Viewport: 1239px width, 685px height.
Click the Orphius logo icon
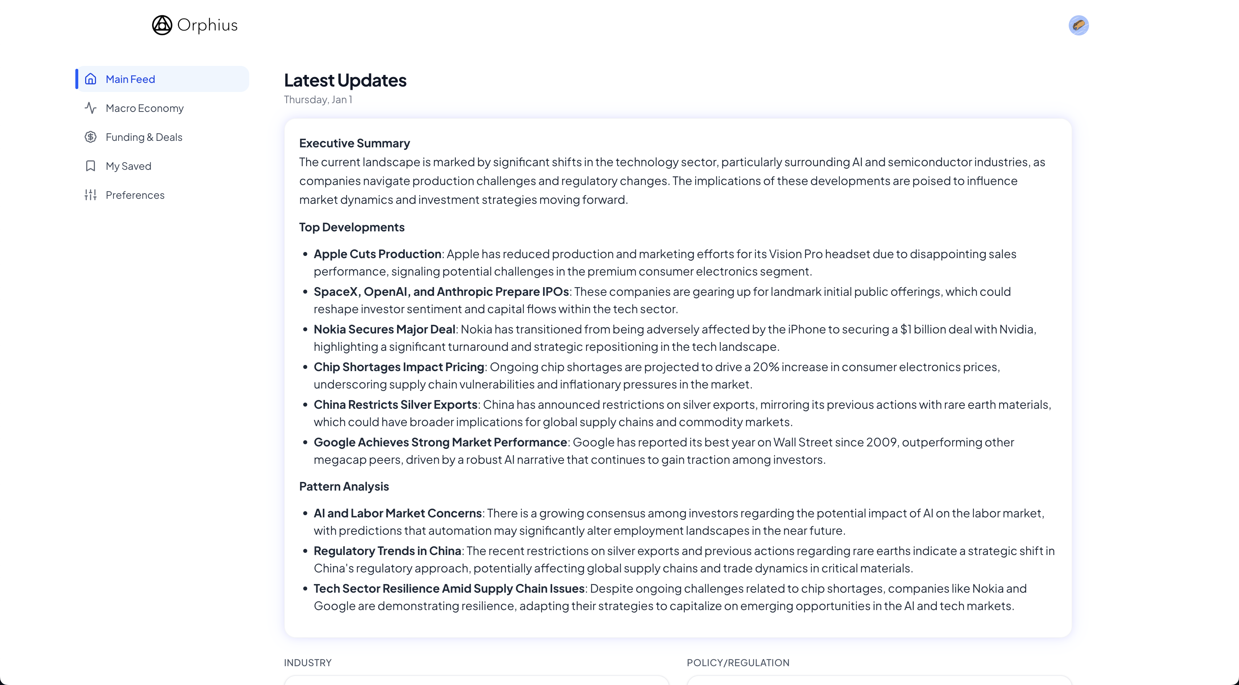coord(162,25)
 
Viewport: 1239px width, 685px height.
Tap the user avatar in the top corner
coord(1079,25)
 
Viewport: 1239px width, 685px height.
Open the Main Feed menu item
coord(130,79)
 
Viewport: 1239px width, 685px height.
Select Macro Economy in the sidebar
coord(144,108)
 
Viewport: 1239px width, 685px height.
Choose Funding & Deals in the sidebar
coord(144,137)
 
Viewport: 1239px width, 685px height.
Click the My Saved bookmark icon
coord(91,166)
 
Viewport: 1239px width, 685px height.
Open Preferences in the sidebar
coord(135,195)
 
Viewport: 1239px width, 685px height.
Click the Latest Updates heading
coord(345,80)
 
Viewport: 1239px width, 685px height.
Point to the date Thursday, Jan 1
coord(318,100)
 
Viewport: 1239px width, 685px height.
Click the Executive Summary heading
coord(354,143)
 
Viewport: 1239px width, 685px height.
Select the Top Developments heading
coord(352,227)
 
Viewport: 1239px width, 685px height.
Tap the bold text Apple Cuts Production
coord(377,254)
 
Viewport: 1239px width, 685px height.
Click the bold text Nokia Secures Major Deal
coord(384,329)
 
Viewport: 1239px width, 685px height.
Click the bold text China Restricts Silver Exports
coord(395,405)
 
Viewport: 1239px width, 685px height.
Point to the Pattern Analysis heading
coord(344,487)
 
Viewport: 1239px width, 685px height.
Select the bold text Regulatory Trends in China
coord(387,551)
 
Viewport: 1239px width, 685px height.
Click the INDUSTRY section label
coord(307,663)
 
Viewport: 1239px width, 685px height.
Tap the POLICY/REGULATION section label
coord(738,663)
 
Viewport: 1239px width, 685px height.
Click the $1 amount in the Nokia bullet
coord(906,329)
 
